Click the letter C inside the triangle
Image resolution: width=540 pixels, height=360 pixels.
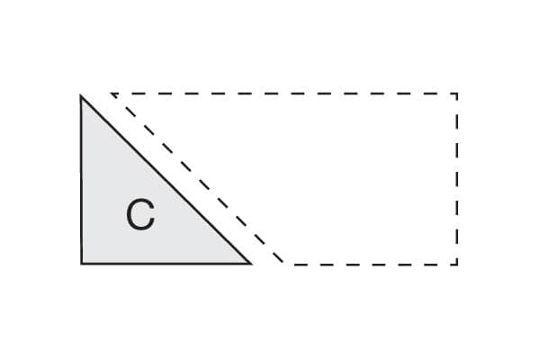[139, 216]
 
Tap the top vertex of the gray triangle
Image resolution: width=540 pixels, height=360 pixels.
[81, 95]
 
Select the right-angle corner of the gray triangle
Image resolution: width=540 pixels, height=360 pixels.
[81, 264]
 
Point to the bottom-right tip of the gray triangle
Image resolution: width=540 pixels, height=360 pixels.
[249, 264]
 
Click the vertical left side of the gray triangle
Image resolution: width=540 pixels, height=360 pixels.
[81, 180]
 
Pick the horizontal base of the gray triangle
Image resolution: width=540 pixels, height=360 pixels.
[162, 264]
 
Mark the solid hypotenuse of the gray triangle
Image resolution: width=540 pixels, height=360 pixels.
[166, 180]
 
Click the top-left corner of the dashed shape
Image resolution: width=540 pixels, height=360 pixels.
[112, 94]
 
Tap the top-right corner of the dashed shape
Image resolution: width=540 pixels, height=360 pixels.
[457, 94]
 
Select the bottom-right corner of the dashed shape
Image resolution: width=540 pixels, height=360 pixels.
[457, 264]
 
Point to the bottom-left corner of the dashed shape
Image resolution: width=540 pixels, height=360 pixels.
[284, 264]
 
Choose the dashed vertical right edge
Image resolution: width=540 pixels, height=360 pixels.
[457, 180]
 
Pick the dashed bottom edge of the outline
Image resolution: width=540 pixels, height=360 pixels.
[369, 264]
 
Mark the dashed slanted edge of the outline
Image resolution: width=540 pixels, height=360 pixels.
[198, 179]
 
